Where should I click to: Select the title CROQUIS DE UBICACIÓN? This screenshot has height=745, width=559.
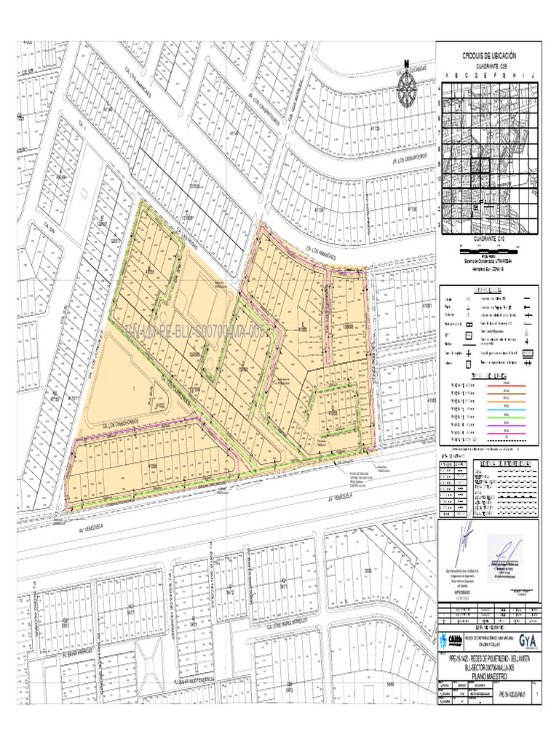coord(488,56)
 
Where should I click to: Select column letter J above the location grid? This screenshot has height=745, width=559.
coord(533,76)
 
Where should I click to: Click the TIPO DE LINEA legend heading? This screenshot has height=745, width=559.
coord(489,374)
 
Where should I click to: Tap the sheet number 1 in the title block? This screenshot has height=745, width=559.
coord(536,695)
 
